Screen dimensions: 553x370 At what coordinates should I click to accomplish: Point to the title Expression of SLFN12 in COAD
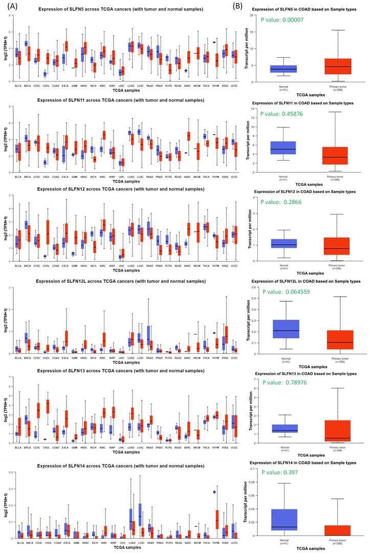coord(306,191)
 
